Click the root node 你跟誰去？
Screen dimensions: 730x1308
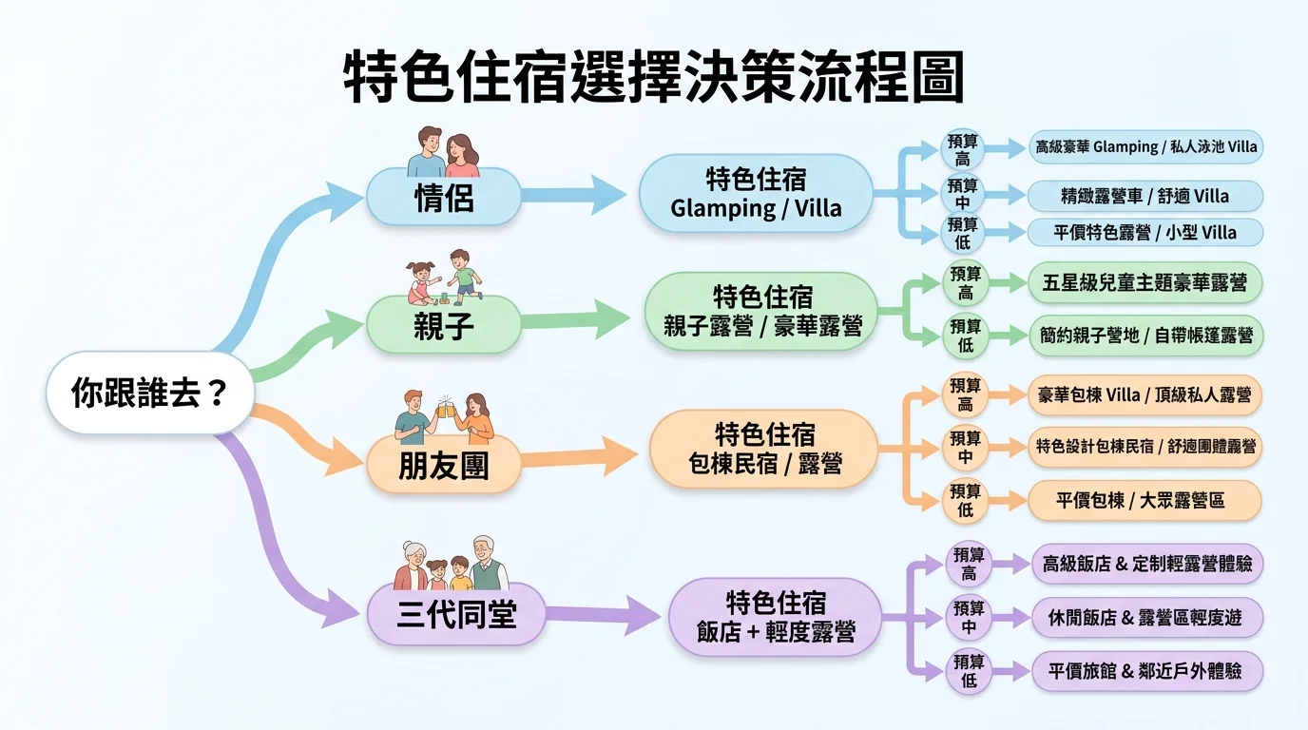(x=150, y=392)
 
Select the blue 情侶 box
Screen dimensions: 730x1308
(x=444, y=197)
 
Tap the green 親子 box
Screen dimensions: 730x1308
(x=444, y=325)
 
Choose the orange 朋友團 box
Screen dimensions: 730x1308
(x=444, y=465)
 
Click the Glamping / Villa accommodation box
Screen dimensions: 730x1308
(x=756, y=194)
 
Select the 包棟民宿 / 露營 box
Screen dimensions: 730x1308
(x=764, y=450)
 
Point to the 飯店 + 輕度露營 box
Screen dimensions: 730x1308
(x=776, y=617)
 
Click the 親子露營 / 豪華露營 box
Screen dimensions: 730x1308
(x=762, y=311)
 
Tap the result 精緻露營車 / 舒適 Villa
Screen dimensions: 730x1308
(x=1145, y=197)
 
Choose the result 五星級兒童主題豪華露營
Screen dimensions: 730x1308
(x=1145, y=283)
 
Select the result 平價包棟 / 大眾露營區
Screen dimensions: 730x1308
(x=1144, y=501)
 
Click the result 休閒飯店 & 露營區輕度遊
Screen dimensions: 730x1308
(x=1148, y=618)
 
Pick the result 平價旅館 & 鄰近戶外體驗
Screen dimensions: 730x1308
(x=1148, y=671)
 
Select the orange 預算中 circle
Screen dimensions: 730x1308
(x=965, y=447)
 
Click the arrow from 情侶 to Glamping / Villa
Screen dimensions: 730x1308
(x=575, y=195)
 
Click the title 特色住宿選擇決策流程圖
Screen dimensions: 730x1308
(x=653, y=78)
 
